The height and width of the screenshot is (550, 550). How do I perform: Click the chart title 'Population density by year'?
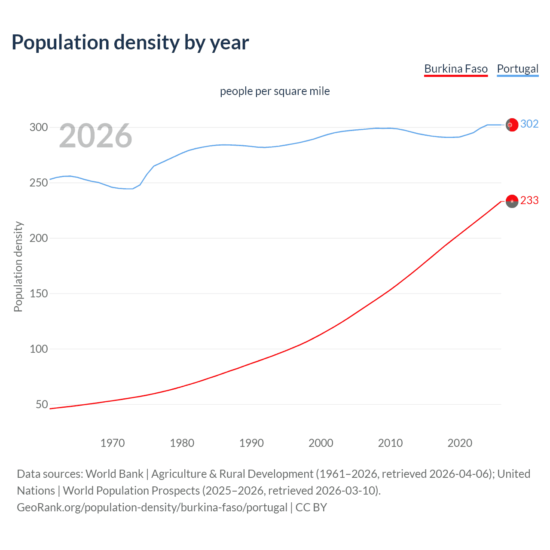click(130, 43)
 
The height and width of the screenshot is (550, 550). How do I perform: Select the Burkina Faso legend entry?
click(456, 69)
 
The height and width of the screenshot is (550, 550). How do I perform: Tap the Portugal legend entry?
click(517, 69)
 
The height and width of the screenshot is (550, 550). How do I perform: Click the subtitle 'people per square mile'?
click(275, 91)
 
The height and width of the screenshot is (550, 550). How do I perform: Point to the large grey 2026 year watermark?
click(95, 136)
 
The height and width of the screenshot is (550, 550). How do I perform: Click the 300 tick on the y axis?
click(38, 127)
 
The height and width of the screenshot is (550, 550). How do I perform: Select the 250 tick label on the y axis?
click(38, 183)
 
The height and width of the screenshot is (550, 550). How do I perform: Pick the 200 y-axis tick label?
click(38, 238)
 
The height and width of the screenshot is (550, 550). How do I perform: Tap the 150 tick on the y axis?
click(38, 293)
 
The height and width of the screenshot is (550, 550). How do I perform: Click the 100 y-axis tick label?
click(38, 349)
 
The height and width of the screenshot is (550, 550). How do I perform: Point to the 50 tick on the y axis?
click(42, 404)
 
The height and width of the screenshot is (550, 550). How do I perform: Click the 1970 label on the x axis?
click(113, 443)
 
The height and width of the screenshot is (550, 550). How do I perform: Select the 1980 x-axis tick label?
click(182, 443)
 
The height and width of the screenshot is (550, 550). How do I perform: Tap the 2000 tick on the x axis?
click(321, 443)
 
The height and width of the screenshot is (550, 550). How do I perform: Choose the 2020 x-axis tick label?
click(460, 443)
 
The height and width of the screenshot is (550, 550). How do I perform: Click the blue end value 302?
click(529, 124)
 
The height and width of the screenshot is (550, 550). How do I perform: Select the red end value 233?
click(529, 201)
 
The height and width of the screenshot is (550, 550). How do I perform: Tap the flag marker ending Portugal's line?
click(512, 125)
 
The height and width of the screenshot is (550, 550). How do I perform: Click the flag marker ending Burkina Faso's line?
click(512, 201)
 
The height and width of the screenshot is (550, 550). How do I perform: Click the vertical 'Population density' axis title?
click(18, 266)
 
